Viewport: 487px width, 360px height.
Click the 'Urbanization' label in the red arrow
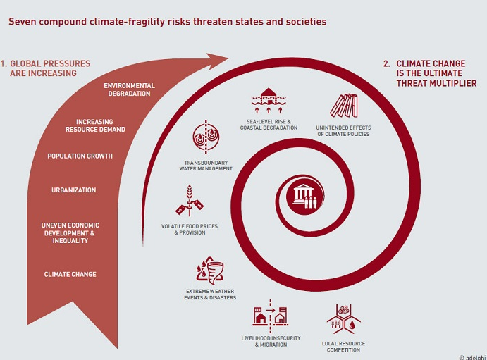pyautogui.click(x=73, y=190)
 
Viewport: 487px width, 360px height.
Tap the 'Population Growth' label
pyautogui.click(x=80, y=156)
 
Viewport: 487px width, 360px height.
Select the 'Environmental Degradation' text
pyautogui.click(x=129, y=89)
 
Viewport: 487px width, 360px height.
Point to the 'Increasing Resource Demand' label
pyautogui.click(x=95, y=125)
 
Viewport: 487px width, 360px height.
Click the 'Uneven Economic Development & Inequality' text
pyautogui.click(x=70, y=232)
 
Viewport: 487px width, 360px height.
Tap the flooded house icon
pyautogui.click(x=269, y=100)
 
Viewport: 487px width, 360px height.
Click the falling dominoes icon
pyautogui.click(x=344, y=106)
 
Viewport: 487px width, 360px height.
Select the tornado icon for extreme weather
pyautogui.click(x=210, y=271)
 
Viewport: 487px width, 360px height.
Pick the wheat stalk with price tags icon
pyautogui.click(x=190, y=201)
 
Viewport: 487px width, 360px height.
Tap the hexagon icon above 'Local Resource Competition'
pyautogui.click(x=343, y=319)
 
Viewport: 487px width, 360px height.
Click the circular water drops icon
pyautogui.click(x=206, y=137)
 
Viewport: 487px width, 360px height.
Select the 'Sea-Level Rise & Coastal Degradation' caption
pyautogui.click(x=269, y=125)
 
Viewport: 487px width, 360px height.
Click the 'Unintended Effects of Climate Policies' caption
pyautogui.click(x=343, y=130)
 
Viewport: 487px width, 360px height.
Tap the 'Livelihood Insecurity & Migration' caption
pyautogui.click(x=271, y=341)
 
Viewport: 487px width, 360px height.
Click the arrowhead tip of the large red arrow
pyautogui.click(x=228, y=57)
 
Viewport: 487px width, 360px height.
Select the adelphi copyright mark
pyautogui.click(x=473, y=357)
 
